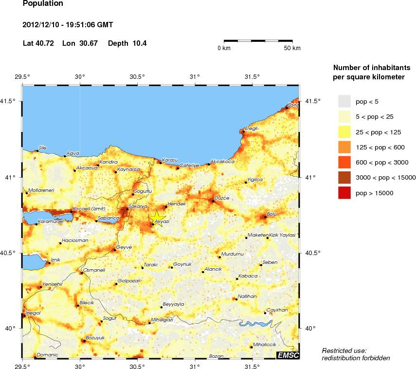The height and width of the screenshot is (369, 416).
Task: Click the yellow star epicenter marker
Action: click(157, 217)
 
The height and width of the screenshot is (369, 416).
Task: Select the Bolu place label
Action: click(272, 213)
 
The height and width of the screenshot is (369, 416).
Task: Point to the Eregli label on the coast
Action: click(252, 129)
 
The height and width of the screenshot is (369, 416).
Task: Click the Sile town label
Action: click(43, 148)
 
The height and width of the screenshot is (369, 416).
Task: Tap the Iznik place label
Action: click(55, 259)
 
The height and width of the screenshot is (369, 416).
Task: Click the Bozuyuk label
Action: click(95, 337)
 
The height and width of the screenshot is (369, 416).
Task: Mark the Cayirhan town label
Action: click(277, 310)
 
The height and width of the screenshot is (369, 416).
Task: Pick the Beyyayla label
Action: click(173, 304)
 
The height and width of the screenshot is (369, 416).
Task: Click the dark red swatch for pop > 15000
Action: click(344, 193)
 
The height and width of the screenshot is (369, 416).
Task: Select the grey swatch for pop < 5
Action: click(344, 101)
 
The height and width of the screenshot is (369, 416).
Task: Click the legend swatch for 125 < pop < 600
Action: click(344, 148)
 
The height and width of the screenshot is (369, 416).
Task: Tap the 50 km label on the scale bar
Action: click(292, 48)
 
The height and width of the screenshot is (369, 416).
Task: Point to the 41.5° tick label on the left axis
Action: click(10, 101)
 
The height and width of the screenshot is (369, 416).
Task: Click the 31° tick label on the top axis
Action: click(195, 76)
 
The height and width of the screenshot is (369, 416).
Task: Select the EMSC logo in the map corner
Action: click(287, 355)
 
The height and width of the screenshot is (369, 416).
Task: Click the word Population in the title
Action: click(43, 4)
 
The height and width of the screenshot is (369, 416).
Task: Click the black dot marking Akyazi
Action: click(153, 224)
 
